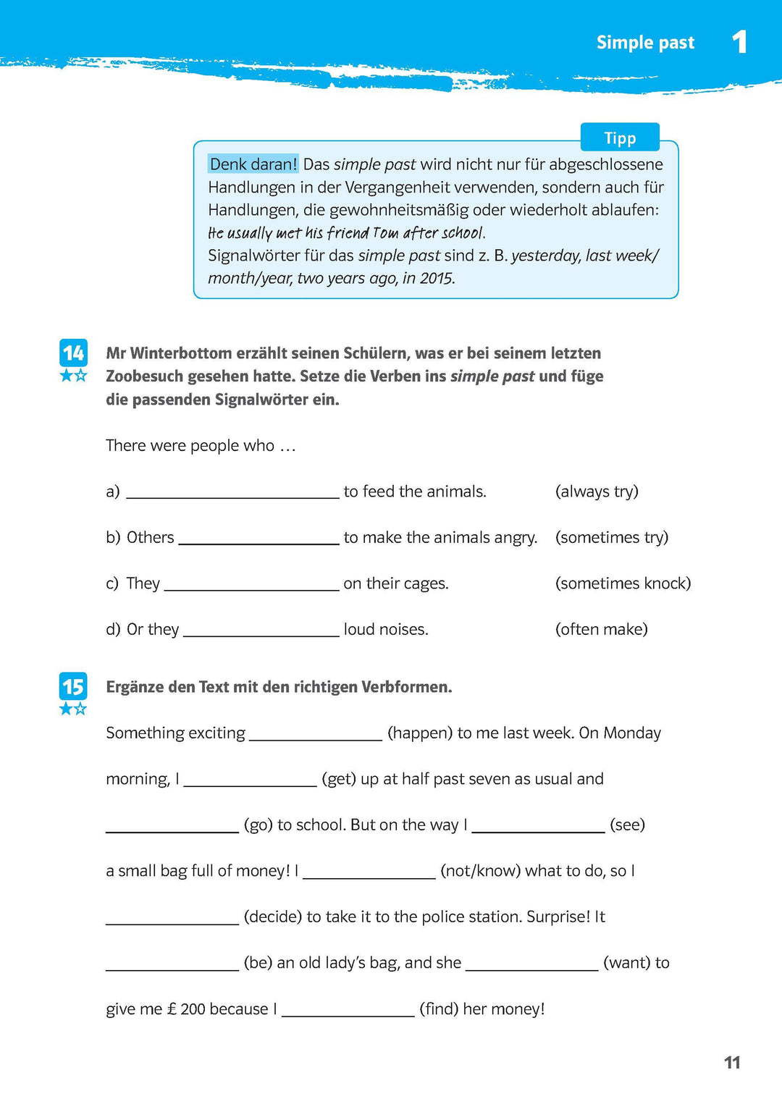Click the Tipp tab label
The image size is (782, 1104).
620,138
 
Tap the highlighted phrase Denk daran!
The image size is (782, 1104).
253,164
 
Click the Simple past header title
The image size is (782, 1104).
645,43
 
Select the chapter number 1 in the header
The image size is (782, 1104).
739,42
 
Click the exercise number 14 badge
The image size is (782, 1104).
73,353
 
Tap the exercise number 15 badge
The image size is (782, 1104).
73,686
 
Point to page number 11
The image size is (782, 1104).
732,1062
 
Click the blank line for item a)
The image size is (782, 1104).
232,492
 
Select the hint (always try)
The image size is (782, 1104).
597,492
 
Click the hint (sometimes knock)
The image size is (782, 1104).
623,583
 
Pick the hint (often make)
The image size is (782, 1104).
601,629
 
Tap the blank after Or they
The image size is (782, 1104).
261,630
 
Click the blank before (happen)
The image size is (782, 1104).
316,734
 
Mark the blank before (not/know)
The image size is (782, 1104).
369,872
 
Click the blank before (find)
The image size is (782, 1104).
348,1010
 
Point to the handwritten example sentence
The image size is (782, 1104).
346,233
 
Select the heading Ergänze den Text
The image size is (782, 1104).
279,687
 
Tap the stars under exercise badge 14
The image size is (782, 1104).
73,375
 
